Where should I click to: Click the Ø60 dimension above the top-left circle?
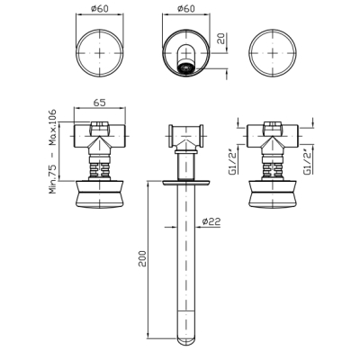(99, 9)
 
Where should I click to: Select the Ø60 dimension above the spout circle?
(186, 9)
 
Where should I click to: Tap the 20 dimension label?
(221, 39)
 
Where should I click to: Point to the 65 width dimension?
(99, 103)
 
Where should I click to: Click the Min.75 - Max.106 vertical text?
(52, 151)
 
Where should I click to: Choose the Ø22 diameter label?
(211, 221)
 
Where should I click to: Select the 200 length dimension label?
(142, 258)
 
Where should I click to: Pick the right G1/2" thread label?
(308, 161)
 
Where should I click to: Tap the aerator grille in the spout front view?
(186, 67)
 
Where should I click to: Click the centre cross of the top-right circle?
(273, 53)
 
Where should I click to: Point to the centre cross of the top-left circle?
(99, 53)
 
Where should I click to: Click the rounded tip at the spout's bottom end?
(186, 341)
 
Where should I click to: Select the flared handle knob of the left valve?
(99, 194)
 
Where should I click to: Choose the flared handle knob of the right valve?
(273, 194)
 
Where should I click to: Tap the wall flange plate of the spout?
(186, 183)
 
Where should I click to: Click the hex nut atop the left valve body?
(99, 128)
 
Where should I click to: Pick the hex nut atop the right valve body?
(273, 128)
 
